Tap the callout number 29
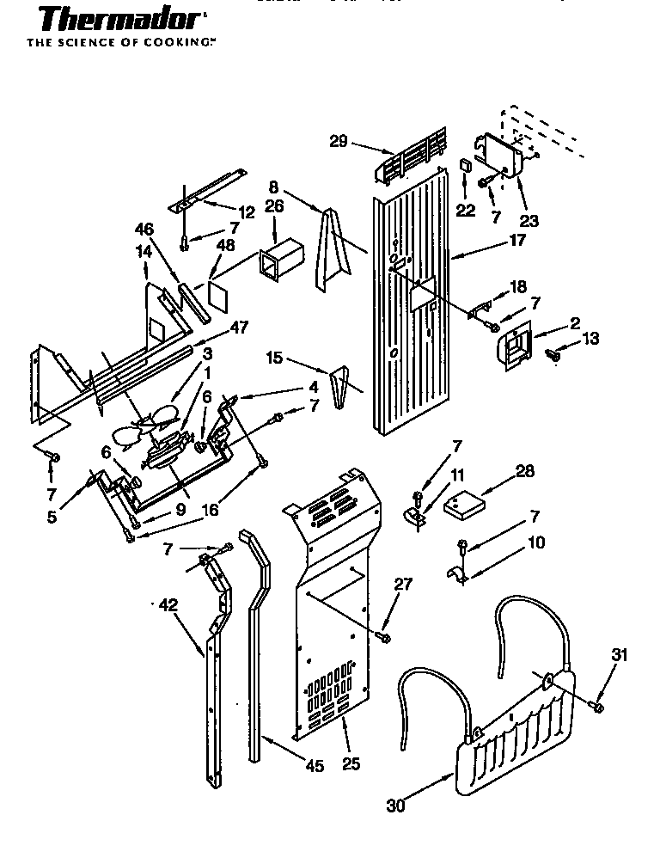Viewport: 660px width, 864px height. point(338,142)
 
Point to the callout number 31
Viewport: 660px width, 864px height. point(619,655)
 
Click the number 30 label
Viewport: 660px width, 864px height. point(395,806)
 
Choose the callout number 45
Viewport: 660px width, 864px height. point(315,765)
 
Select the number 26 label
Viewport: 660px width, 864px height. point(273,206)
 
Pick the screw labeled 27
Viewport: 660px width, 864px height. point(384,636)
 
